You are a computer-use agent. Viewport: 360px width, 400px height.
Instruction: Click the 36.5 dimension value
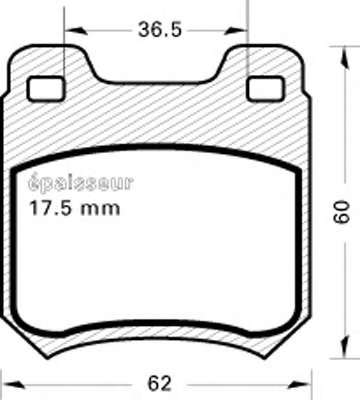point(160,29)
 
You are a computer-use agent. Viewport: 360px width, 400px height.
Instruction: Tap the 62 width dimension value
point(159,383)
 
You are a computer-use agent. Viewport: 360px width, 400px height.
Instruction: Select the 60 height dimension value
point(342,212)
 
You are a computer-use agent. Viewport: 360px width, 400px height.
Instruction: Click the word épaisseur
point(81,183)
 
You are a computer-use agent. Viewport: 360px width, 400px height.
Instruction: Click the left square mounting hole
point(46,88)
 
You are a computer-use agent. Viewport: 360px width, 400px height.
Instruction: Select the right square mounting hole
point(265,88)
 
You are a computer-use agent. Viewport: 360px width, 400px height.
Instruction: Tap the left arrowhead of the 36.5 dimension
point(76,31)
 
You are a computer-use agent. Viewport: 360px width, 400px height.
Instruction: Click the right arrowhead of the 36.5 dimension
point(236,31)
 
